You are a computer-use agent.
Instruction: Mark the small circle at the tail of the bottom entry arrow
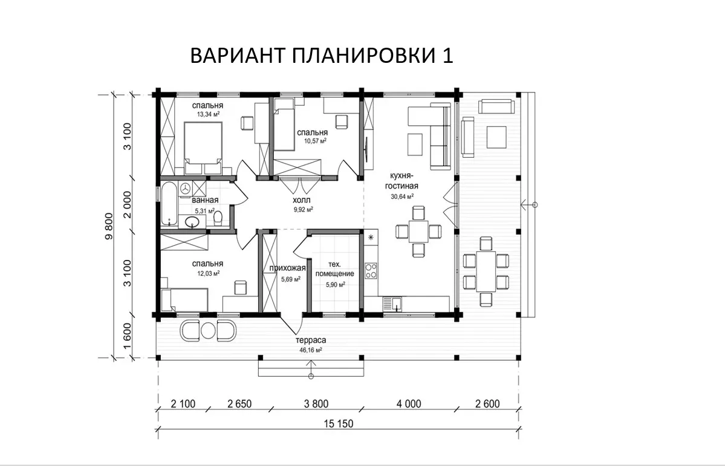click(x=311, y=375)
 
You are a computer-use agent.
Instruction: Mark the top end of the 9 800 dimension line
click(x=113, y=95)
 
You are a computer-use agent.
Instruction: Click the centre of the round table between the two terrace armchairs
click(x=209, y=330)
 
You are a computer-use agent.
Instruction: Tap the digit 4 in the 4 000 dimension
click(x=399, y=404)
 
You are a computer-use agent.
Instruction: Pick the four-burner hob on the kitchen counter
click(x=371, y=270)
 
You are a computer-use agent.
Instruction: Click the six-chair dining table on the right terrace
click(x=486, y=271)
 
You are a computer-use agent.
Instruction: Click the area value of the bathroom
click(x=205, y=211)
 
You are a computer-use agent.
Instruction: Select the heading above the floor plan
click(x=322, y=56)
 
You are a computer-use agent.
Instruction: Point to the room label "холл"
click(x=302, y=199)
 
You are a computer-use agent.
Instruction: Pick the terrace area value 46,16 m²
click(x=311, y=350)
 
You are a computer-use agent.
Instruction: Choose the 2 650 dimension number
click(x=239, y=404)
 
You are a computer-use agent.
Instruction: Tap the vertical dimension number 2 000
click(x=128, y=204)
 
